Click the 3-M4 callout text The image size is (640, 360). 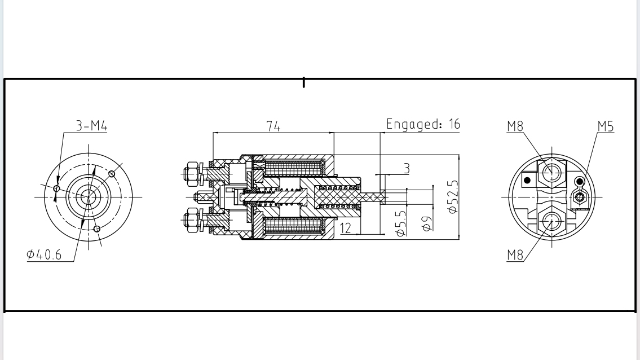(91, 126)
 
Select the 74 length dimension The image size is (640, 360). (273, 126)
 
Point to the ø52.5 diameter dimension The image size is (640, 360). (452, 196)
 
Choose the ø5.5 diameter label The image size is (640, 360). (401, 223)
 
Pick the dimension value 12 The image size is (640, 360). (346, 228)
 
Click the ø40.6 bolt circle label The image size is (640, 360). (45, 255)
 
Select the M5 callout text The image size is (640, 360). (605, 126)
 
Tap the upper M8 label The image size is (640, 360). (515, 126)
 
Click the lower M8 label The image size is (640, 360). (515, 255)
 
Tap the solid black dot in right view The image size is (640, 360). (527, 181)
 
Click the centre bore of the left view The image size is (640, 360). (87, 196)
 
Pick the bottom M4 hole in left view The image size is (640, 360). (97, 229)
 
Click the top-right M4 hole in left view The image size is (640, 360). (112, 173)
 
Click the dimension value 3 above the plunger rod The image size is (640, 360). (405, 169)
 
